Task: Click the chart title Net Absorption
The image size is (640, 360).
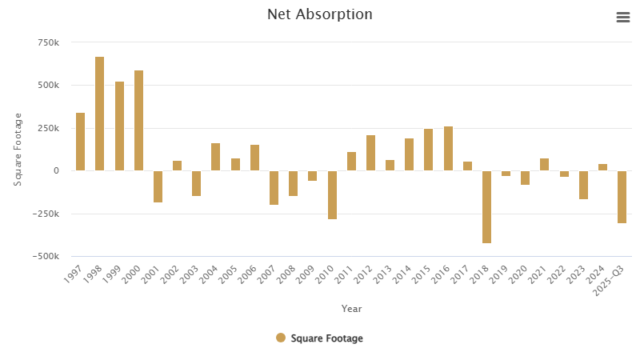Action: [319, 14]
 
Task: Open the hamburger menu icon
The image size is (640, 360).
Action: [623, 18]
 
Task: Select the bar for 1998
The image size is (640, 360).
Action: [100, 114]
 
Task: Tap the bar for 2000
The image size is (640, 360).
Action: [138, 120]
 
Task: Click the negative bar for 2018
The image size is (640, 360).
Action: [486, 206]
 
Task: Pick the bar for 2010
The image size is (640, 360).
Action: [332, 194]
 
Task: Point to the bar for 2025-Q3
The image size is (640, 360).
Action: [622, 197]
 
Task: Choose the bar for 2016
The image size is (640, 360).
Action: [448, 149]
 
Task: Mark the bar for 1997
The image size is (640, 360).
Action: [80, 142]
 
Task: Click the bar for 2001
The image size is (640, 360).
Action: [158, 186]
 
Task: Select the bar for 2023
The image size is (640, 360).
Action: [583, 185]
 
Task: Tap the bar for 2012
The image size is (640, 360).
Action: [370, 153]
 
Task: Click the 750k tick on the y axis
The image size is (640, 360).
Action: [48, 42]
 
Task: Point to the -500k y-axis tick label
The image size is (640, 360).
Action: [45, 257]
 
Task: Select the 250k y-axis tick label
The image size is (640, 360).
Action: [48, 128]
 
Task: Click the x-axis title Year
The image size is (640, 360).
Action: [351, 309]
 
